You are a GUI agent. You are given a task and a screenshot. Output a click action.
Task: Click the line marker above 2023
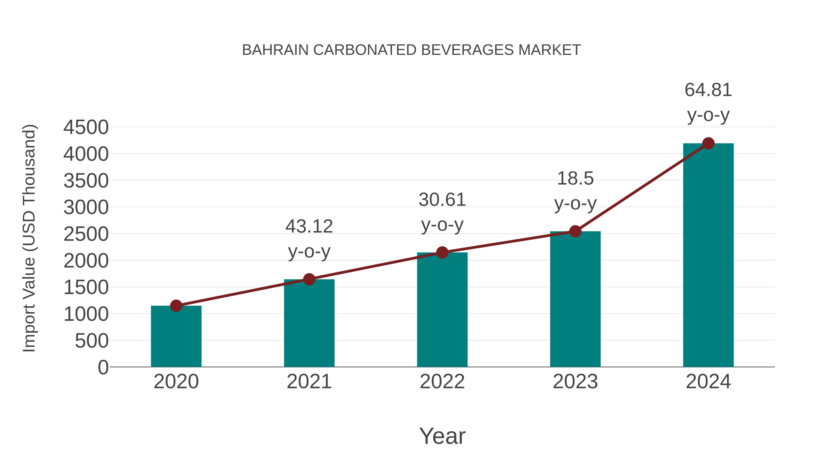point(575,231)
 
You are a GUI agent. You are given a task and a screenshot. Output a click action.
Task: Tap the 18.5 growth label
point(575,179)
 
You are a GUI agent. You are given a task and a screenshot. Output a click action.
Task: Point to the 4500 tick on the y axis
point(86,128)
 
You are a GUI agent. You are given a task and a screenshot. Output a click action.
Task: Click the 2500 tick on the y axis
point(86,234)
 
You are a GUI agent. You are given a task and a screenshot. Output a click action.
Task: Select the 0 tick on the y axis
point(103,367)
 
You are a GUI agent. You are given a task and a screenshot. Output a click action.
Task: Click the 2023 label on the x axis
point(575,382)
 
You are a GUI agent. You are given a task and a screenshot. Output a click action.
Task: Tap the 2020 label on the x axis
point(176,382)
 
